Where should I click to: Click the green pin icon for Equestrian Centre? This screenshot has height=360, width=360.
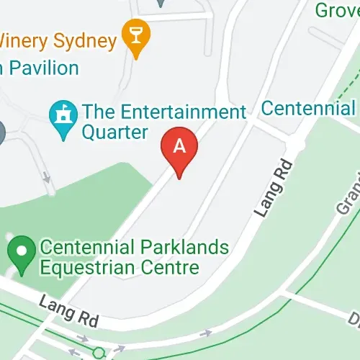click(x=22, y=253)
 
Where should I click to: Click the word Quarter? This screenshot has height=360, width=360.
click(x=114, y=132)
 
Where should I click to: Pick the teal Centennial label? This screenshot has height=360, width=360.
click(x=310, y=109)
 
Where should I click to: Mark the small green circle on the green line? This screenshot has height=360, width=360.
click(x=99, y=353)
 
